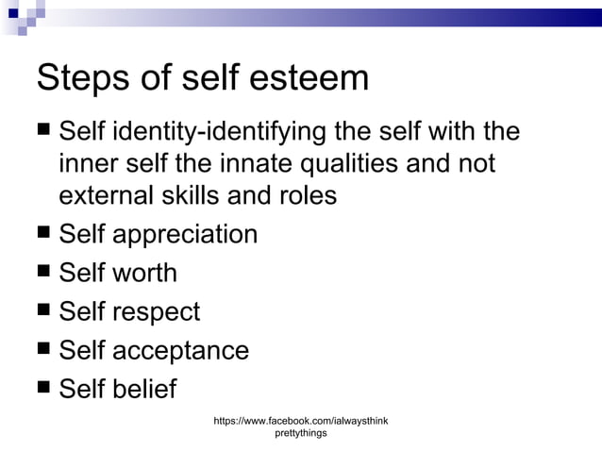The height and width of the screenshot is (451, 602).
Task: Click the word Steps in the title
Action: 82,78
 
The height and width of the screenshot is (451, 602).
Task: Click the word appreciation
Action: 185,235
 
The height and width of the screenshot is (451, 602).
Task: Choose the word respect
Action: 157,312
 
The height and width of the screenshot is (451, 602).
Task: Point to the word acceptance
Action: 181,351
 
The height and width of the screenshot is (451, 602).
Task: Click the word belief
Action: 144,389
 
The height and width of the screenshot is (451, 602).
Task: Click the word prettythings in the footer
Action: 301,433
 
